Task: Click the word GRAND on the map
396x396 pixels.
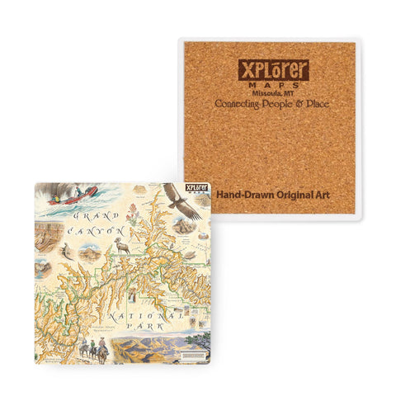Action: (x=87, y=216)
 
